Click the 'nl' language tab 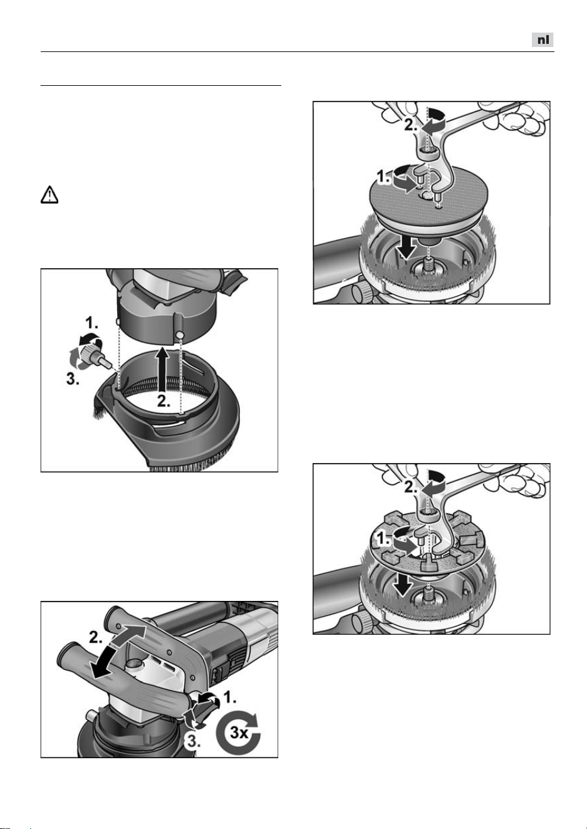543,39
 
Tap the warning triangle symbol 49,195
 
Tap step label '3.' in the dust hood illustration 73,378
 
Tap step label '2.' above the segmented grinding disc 411,487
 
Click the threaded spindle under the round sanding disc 429,265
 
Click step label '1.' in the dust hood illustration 91,324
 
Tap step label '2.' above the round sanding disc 411,125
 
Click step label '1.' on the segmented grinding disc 383,540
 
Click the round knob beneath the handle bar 133,664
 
